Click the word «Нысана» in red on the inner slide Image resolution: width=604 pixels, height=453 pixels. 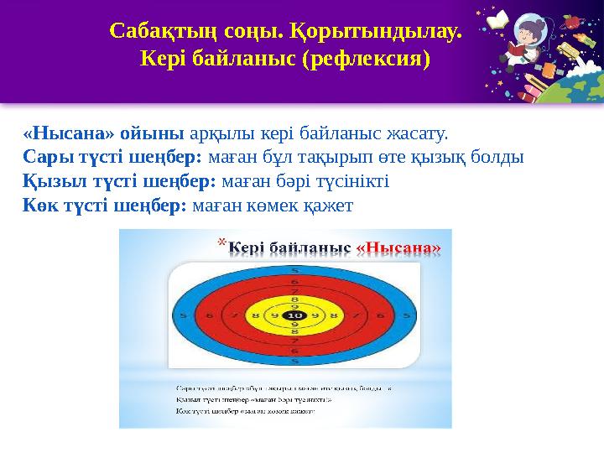click(398, 248)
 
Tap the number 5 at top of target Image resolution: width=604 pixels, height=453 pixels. click(294, 270)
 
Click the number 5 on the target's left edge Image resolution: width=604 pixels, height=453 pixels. click(183, 316)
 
